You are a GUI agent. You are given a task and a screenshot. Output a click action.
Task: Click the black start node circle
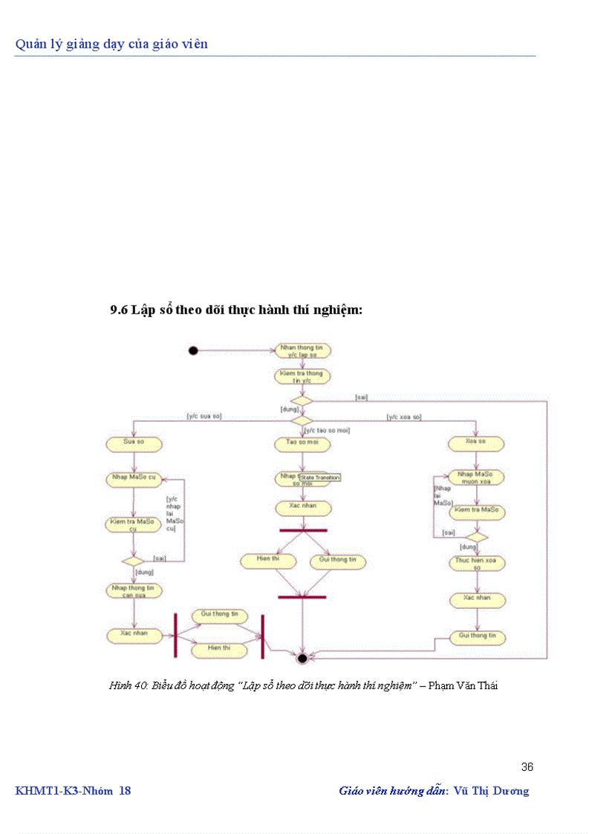(193, 351)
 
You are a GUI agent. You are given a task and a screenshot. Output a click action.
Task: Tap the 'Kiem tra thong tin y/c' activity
(302, 376)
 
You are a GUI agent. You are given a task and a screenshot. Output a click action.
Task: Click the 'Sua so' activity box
(133, 443)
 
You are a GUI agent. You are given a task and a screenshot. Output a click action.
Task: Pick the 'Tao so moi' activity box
(302, 443)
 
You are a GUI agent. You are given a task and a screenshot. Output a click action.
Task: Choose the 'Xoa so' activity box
(476, 443)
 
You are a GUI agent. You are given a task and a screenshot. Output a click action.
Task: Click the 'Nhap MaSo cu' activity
(133, 479)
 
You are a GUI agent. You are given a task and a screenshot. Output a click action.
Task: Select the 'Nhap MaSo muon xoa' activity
(476, 478)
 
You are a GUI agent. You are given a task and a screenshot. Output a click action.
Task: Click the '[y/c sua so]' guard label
(203, 417)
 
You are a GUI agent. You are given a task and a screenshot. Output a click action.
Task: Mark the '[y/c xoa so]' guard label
(404, 417)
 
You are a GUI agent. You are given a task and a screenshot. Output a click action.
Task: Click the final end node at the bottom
(302, 658)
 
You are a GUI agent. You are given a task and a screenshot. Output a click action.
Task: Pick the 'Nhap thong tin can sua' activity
(133, 590)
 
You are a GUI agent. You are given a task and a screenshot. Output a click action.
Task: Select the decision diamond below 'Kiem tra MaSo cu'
(133, 561)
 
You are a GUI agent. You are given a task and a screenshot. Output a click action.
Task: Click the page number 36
(527, 767)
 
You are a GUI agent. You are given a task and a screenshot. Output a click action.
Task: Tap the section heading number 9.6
(119, 310)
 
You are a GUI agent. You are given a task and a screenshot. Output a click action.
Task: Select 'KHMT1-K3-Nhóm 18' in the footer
(73, 791)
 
